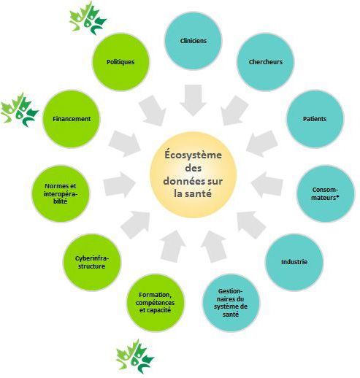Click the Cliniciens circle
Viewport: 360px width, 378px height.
[194, 41]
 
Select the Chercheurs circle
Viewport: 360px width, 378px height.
[266, 62]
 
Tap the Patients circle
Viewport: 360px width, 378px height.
[315, 119]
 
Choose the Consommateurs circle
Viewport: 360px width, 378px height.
[326, 193]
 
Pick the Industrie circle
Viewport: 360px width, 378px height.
[294, 262]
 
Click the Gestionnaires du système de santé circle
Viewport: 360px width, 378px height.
[231, 303]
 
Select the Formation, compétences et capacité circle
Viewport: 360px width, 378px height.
[156, 303]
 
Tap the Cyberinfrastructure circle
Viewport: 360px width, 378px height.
[92, 262]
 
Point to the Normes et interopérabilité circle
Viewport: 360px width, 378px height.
[61, 193]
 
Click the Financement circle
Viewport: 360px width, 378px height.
[72, 119]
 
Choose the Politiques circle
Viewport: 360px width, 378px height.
[120, 62]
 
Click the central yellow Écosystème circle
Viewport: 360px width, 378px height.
[193, 174]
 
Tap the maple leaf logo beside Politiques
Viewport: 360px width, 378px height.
[88, 18]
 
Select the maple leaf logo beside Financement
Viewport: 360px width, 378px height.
[20, 109]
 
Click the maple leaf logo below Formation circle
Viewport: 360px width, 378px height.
[134, 356]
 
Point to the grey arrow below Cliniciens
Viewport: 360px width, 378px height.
[193, 100]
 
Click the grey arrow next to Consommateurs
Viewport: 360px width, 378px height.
[267, 185]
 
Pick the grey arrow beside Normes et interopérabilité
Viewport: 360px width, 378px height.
[119, 185]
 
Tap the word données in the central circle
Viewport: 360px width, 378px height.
[185, 181]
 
